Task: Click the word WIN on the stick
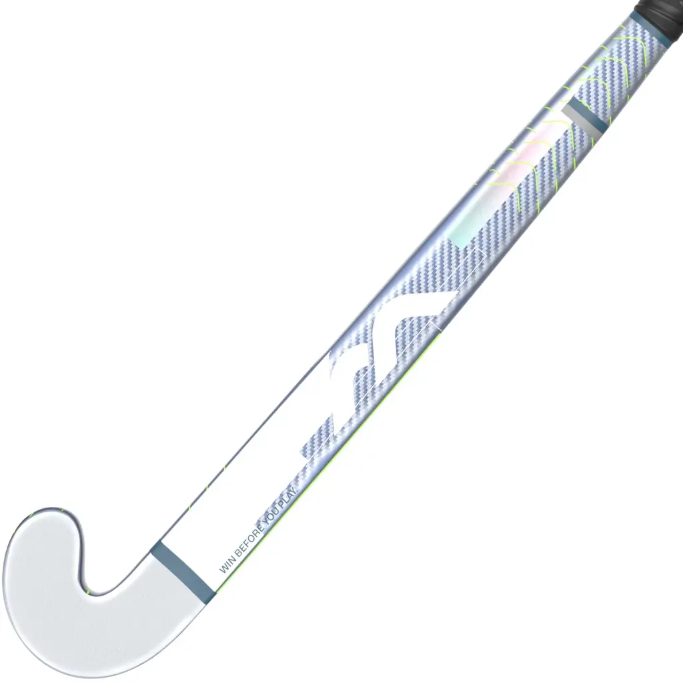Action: coord(225,566)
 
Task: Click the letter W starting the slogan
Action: coord(222,570)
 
